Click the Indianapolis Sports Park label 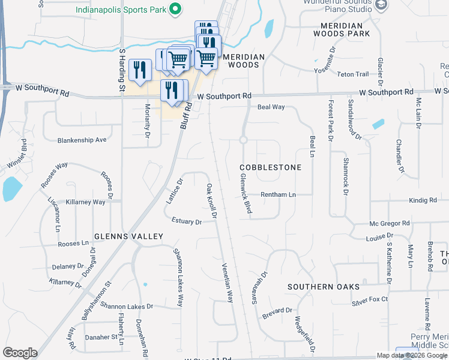pos(121,10)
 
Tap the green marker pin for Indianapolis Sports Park pos(175,10)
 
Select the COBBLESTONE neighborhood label pos(270,167)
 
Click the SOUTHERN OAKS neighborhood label pos(323,287)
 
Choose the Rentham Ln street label pos(278,195)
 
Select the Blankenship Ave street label pos(82,140)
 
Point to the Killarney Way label pos(86,202)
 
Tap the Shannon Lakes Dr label pos(127,306)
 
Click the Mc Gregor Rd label pos(390,223)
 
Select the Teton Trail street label pos(353,74)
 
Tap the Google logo pos(20,353)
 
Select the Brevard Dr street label pos(277,311)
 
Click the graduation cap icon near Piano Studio pos(380,5)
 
